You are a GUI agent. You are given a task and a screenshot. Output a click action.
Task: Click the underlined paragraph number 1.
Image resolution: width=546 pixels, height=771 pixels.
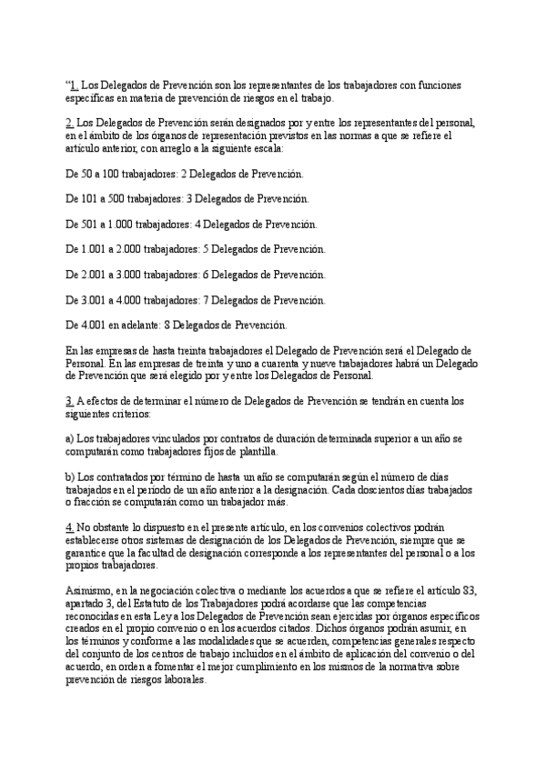(74, 85)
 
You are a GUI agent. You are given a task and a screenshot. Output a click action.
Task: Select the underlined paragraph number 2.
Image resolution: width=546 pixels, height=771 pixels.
(70, 122)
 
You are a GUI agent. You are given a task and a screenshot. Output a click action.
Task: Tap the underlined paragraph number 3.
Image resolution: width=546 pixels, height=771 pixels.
(70, 400)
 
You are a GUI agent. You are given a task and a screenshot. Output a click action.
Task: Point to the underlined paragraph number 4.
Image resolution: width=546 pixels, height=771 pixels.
(70, 526)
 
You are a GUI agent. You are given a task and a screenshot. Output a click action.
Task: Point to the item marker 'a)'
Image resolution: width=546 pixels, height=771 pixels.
(70, 438)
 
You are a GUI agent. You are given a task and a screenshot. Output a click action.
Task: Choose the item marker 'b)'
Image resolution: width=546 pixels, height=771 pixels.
(70, 476)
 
